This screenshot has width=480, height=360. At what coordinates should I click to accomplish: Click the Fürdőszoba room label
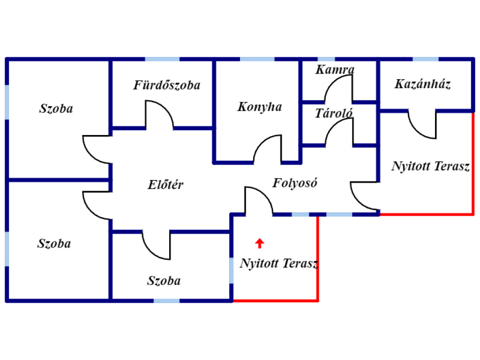click(x=167, y=85)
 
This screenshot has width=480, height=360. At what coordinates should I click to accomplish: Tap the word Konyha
click(x=260, y=107)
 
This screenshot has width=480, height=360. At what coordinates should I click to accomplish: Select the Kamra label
click(x=335, y=70)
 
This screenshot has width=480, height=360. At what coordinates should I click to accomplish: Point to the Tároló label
click(x=334, y=113)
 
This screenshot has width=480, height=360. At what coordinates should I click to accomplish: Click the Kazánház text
click(x=423, y=84)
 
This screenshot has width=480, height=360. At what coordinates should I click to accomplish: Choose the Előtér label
click(x=165, y=185)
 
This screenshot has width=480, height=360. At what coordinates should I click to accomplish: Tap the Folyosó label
click(x=295, y=183)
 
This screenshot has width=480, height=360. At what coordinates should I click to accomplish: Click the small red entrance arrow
click(x=259, y=243)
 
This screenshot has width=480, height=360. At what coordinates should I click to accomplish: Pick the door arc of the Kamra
click(x=338, y=89)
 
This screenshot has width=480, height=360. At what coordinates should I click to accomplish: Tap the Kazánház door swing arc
click(x=422, y=126)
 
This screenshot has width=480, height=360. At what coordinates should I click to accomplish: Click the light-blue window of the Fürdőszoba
click(x=162, y=60)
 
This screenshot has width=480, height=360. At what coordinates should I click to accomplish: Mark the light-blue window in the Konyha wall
click(x=257, y=60)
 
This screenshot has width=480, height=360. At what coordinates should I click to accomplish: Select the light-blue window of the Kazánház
click(x=426, y=60)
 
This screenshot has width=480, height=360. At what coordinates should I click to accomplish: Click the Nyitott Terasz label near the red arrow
click(x=279, y=263)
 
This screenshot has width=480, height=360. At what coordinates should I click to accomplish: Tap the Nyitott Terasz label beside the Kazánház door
click(x=430, y=166)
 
